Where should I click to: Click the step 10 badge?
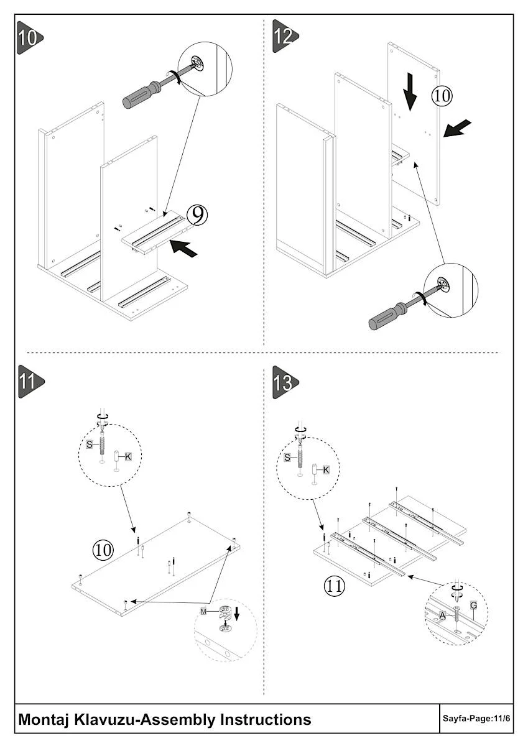[x=29, y=38]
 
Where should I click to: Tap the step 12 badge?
[x=285, y=36]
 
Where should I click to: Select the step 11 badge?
[x=30, y=381]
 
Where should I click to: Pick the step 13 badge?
[x=285, y=382]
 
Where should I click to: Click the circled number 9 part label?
[x=197, y=215]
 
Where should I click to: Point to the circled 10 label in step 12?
[x=442, y=96]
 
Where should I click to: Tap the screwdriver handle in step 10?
[x=142, y=95]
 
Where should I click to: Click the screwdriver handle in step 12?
[x=387, y=315]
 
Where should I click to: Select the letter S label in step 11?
[x=90, y=444]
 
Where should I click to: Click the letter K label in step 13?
[x=326, y=470]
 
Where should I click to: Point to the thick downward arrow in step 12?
[x=410, y=92]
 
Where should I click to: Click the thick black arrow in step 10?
[x=183, y=248]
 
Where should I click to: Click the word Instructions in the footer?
[x=266, y=719]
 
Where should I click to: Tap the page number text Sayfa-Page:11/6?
[x=476, y=718]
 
